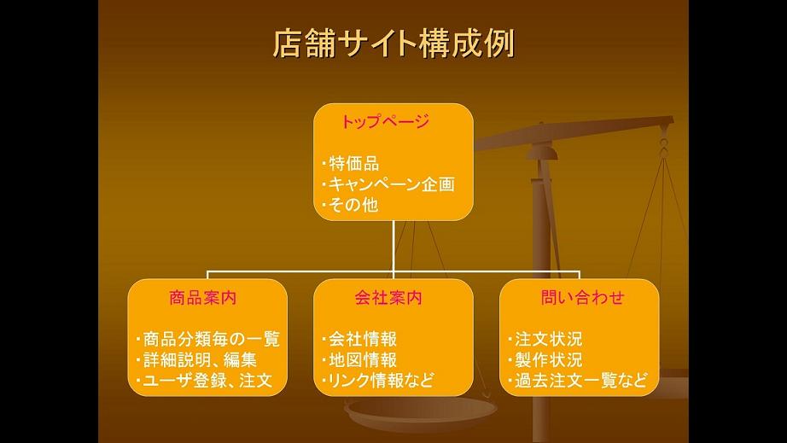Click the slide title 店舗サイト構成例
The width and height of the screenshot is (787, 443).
click(394, 44)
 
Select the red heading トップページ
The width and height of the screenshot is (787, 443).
click(386, 121)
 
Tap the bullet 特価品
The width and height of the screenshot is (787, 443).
click(350, 164)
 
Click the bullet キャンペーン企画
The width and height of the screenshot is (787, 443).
click(388, 184)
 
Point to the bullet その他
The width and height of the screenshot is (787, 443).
click(350, 205)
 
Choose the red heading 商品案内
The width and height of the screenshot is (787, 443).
click(203, 298)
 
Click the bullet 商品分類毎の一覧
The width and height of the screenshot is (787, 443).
click(207, 339)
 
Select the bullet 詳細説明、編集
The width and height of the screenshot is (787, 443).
click(196, 359)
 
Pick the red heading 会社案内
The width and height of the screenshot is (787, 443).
click(388, 298)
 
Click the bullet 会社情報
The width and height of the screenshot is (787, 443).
click(359, 339)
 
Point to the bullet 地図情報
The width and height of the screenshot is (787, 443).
click(359, 359)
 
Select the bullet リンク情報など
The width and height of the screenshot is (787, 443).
click(378, 381)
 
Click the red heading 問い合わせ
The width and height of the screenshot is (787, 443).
click(582, 298)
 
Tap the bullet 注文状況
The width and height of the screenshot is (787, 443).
click(545, 339)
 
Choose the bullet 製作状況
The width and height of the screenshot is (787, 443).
click(545, 359)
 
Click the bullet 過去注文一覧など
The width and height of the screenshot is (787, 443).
click(577, 381)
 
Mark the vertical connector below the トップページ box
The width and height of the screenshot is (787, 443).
click(393, 247)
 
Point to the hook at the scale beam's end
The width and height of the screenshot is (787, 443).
click(664, 141)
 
